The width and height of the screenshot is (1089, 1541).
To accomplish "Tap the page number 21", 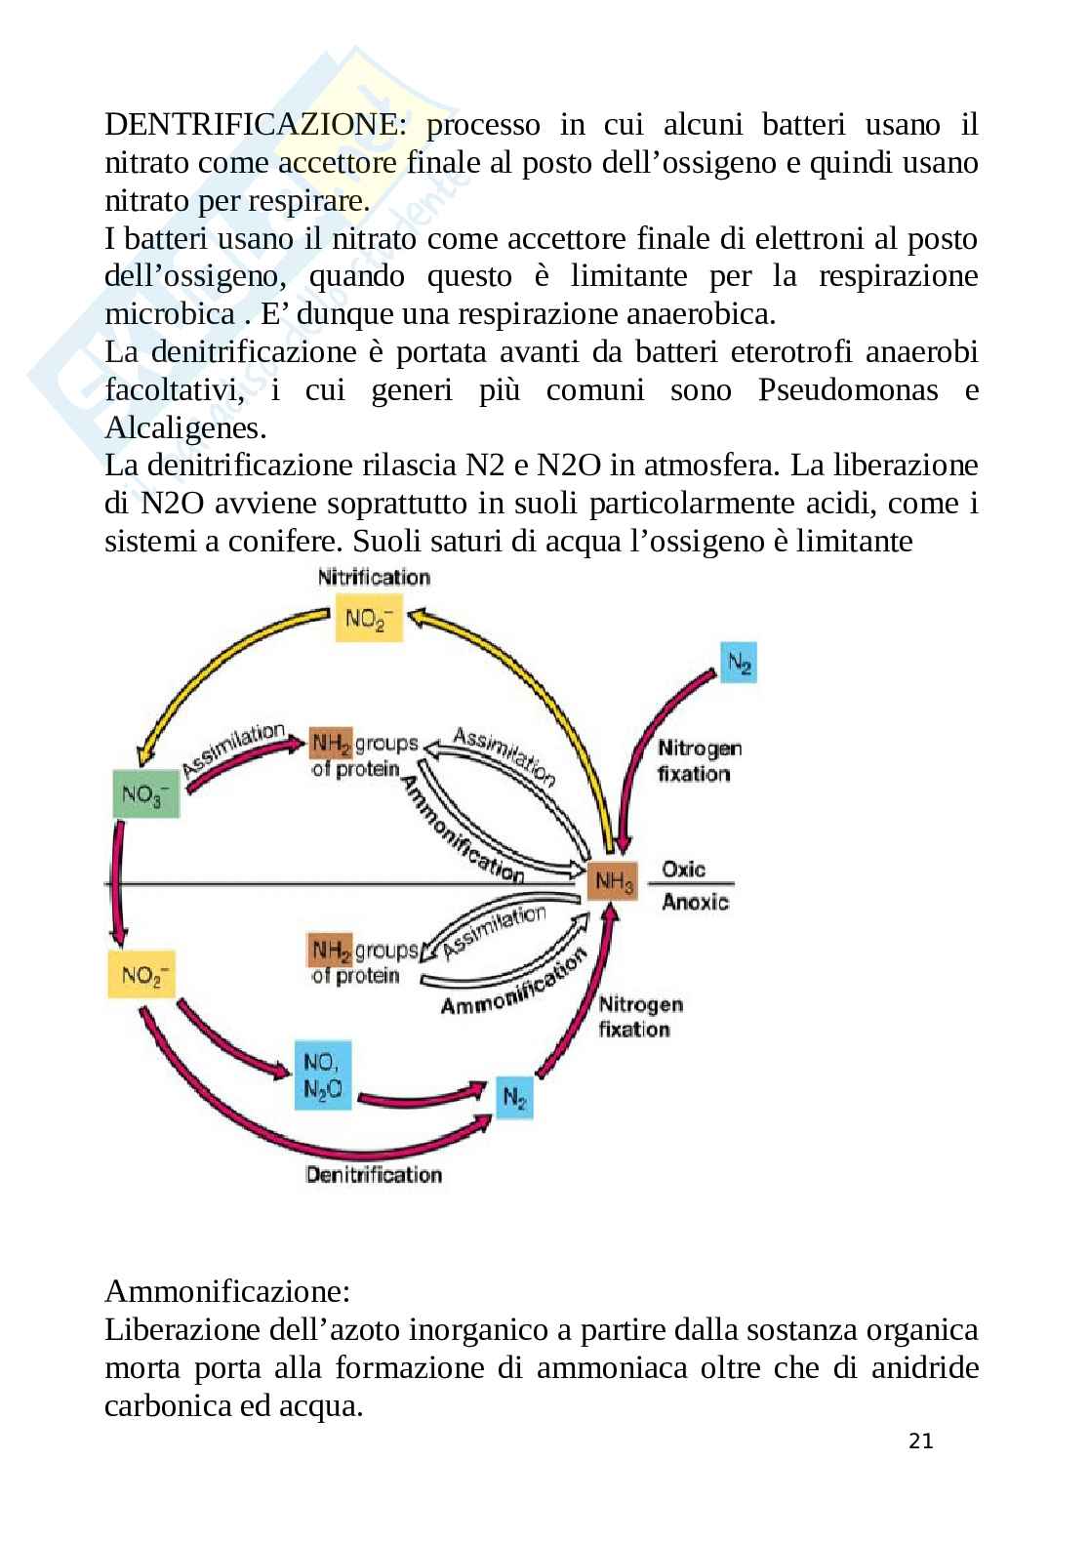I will [920, 1440].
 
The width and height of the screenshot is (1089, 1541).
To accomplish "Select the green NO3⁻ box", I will [146, 793].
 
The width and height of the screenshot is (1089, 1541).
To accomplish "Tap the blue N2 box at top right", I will [739, 663].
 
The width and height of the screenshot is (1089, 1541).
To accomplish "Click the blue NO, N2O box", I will [323, 1074].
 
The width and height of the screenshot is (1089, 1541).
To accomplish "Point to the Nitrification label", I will [374, 577].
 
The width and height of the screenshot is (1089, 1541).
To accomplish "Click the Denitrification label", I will [374, 1174].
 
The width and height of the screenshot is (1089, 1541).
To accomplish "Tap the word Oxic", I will [683, 869].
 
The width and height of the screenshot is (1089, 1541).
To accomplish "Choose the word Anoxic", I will [695, 902].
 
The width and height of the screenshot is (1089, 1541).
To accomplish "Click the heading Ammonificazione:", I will [226, 1291].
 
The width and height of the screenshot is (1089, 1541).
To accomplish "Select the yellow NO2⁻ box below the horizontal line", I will [141, 974].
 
